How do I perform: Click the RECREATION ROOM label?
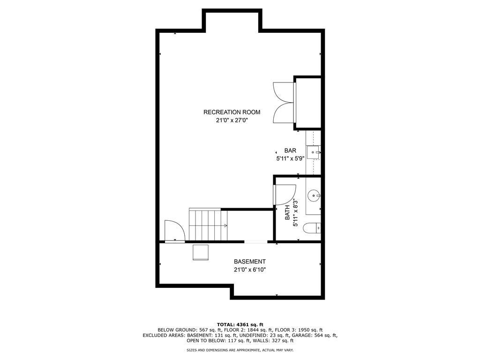pyautogui.click(x=232, y=112)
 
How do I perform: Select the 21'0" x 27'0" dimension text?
pyautogui.click(x=232, y=120)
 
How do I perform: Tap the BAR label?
pyautogui.click(x=290, y=151)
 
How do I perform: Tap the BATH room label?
pyautogui.click(x=287, y=213)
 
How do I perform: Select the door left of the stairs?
pyautogui.click(x=174, y=231)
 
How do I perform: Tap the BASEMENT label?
pyautogui.click(x=250, y=262)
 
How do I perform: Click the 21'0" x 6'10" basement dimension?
pyautogui.click(x=250, y=270)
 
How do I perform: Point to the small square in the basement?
pyautogui.click(x=201, y=252)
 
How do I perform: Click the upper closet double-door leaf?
pyautogui.click(x=283, y=92)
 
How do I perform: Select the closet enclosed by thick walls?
pyautogui.click(x=308, y=103)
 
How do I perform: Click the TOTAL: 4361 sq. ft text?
pyautogui.click(x=240, y=324)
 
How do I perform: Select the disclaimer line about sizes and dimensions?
pyautogui.click(x=240, y=350)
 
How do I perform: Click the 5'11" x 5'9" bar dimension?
pyautogui.click(x=290, y=158)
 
